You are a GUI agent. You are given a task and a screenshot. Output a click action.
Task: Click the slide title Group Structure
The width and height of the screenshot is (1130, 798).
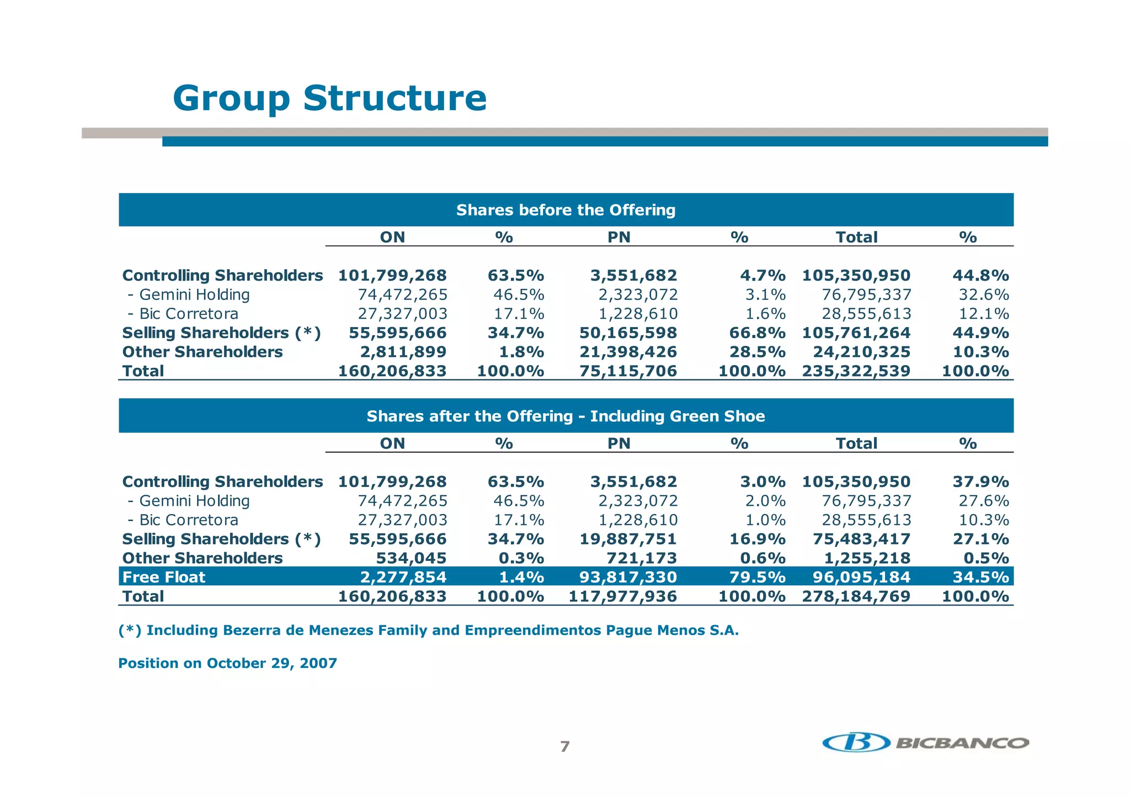[329, 98]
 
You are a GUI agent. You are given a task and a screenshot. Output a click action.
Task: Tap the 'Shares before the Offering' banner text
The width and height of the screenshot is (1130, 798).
[566, 210]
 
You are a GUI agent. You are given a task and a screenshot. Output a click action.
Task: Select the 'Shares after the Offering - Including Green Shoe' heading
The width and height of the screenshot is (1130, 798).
[566, 416]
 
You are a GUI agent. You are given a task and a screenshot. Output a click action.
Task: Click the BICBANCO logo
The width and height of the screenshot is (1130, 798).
[925, 742]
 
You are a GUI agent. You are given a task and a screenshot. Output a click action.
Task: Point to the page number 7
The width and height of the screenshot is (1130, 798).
[564, 747]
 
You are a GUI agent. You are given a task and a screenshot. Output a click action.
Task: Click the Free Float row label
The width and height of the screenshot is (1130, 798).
[164, 577]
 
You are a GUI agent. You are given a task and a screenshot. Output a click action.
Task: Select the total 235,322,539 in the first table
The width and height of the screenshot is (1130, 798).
[856, 371]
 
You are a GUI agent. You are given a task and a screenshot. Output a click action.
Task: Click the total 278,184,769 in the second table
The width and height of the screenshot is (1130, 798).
[856, 596]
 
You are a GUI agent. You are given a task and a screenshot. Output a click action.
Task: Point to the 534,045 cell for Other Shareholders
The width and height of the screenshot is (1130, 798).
[411, 558]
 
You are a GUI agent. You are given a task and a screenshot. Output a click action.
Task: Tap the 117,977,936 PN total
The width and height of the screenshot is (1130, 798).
[622, 596]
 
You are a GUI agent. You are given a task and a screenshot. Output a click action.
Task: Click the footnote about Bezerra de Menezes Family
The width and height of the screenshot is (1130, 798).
[428, 630]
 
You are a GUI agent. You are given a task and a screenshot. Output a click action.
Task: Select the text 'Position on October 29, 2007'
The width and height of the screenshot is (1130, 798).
[227, 663]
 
